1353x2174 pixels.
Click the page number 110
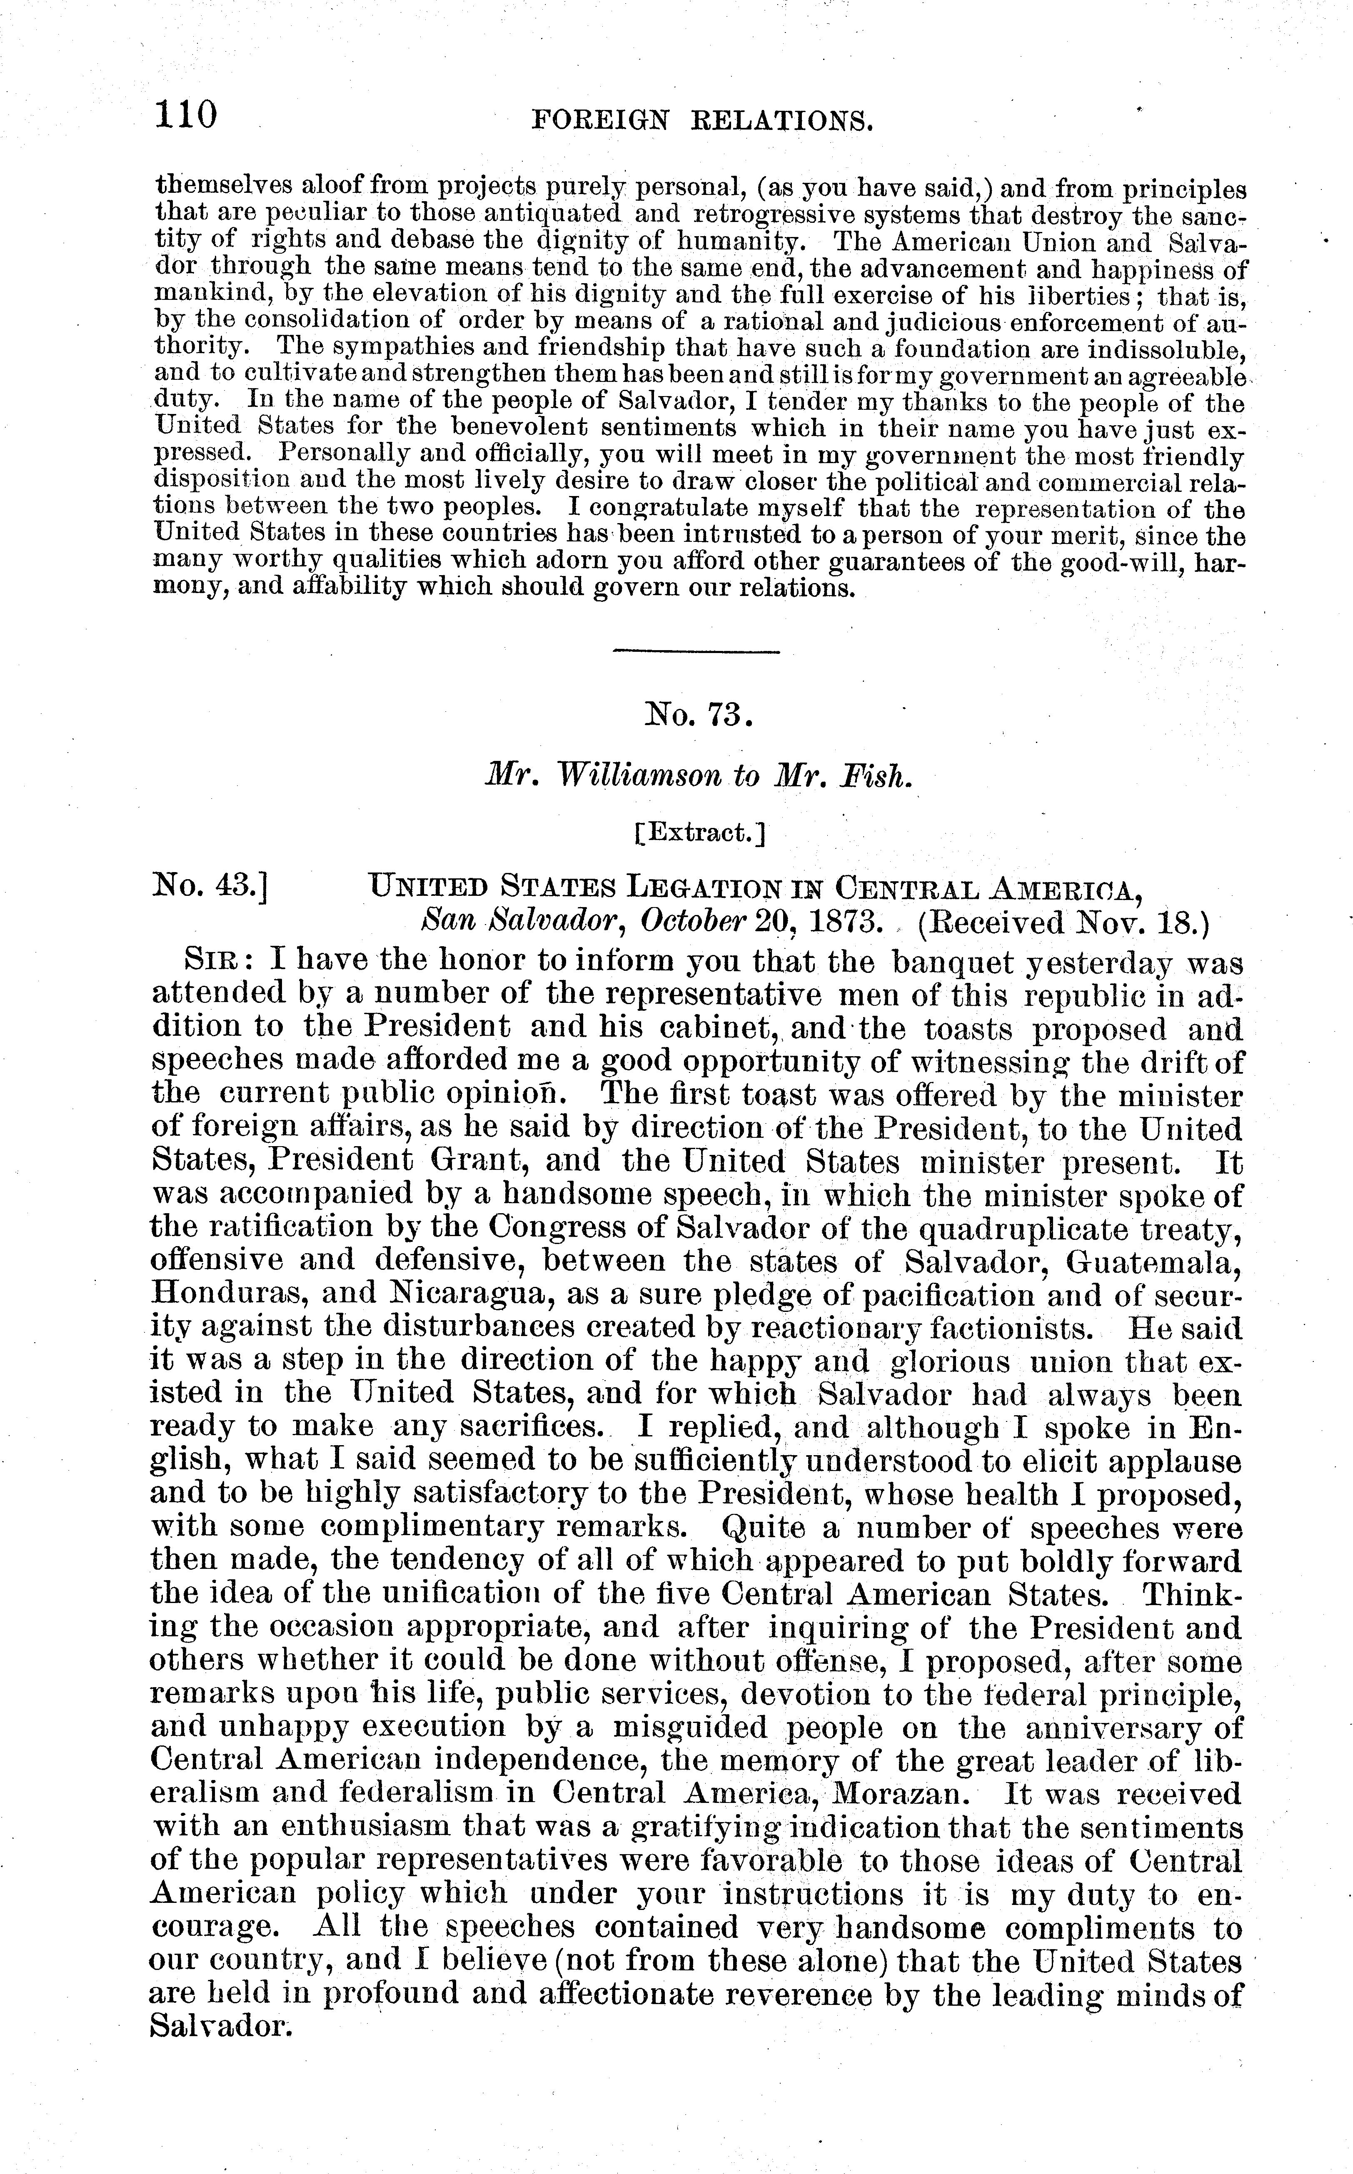(x=186, y=115)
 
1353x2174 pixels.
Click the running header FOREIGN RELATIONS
(x=701, y=121)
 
